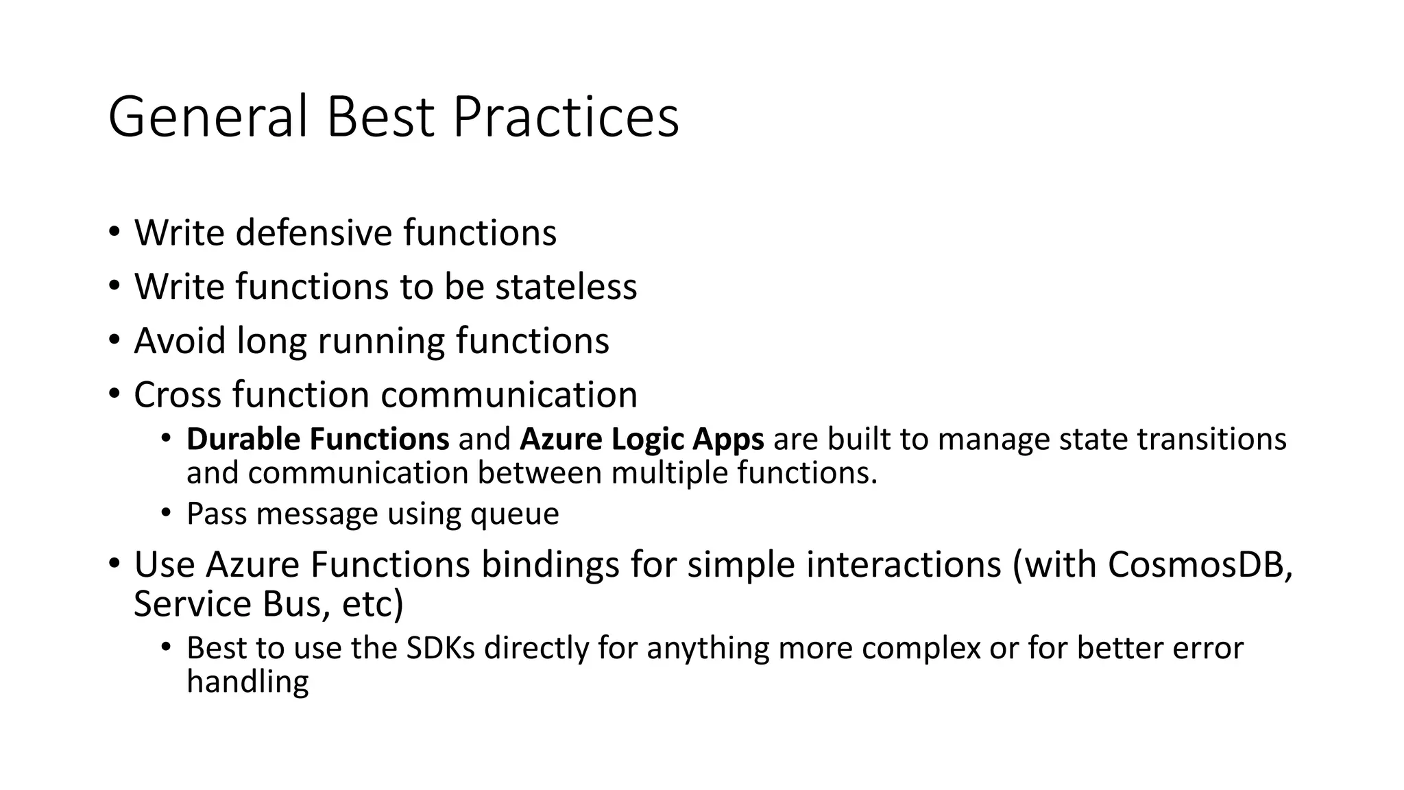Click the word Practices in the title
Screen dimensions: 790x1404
(565, 117)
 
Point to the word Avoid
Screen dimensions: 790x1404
(180, 341)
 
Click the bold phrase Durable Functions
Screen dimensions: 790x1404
(317, 439)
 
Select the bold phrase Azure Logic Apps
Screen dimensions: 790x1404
(642, 440)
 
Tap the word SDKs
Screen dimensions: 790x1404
(440, 648)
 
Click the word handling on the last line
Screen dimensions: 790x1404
(247, 682)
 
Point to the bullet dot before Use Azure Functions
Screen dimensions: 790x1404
(114, 564)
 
